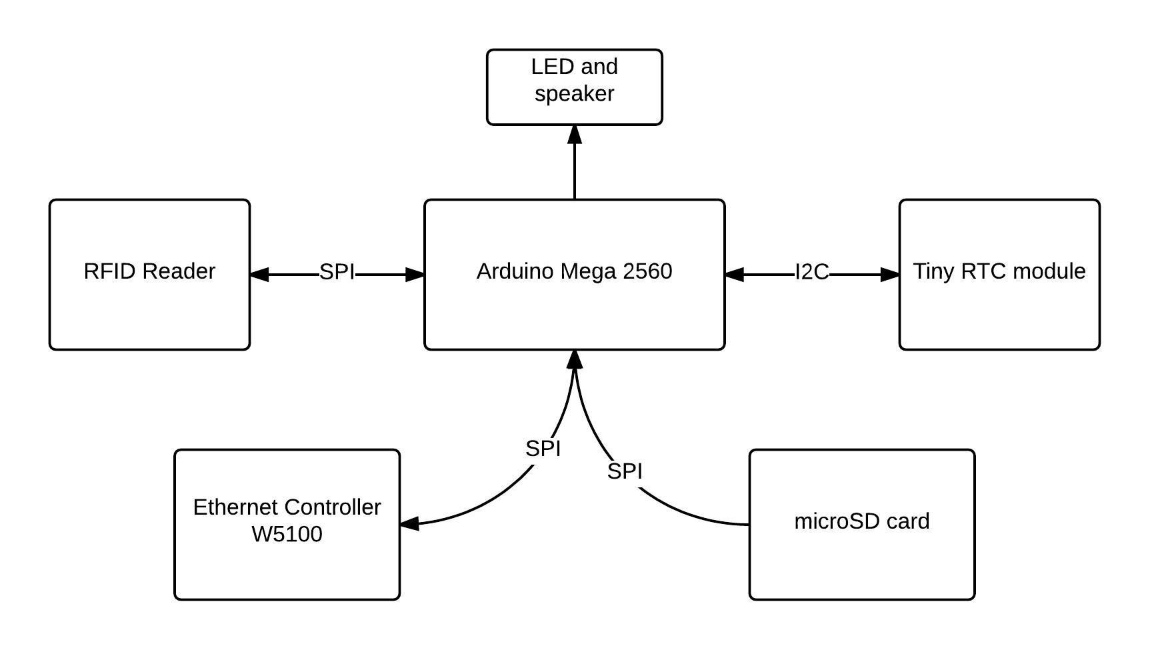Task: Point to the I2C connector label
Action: [811, 272]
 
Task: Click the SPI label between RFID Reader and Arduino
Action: [337, 272]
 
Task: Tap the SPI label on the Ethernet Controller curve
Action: [543, 449]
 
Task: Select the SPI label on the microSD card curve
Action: [625, 471]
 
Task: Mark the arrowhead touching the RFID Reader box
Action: [259, 274]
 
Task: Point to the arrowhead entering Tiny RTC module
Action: [890, 274]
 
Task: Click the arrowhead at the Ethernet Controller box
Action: [409, 523]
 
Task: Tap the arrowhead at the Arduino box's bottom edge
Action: [575, 359]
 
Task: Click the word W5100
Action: [287, 534]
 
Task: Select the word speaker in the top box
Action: [574, 93]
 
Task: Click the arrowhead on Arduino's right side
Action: [734, 274]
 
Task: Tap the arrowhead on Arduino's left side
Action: [415, 274]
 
